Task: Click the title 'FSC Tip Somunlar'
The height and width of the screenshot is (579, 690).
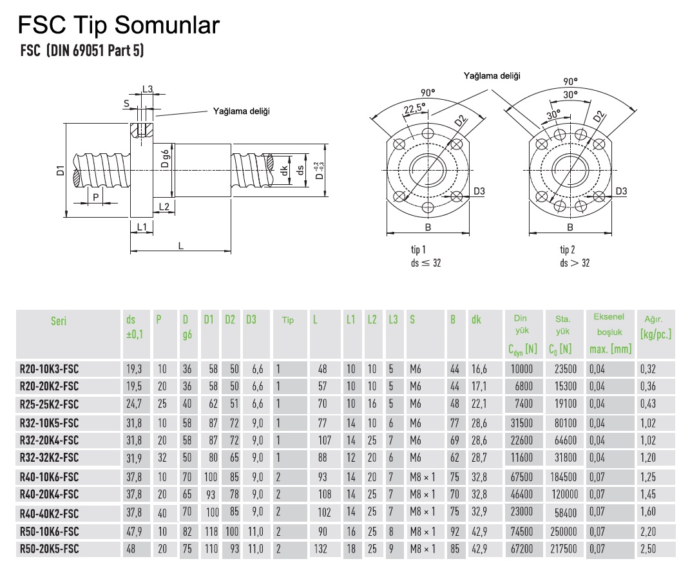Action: tap(119, 25)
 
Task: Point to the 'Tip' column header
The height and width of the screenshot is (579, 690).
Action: tap(287, 321)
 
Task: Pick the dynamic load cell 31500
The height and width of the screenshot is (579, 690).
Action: tap(521, 423)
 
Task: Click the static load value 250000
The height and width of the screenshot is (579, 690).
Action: tap(562, 532)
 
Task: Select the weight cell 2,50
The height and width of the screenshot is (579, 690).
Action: tap(648, 549)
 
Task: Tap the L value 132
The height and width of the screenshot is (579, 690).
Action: tap(324, 549)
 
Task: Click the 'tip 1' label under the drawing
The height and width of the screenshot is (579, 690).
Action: tap(418, 249)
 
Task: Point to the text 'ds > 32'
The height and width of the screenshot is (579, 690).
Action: tap(575, 262)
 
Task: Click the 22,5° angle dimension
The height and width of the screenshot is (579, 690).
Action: tap(414, 109)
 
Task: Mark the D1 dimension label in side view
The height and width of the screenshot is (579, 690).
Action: tap(60, 171)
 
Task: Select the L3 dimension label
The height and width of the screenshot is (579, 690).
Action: tap(148, 89)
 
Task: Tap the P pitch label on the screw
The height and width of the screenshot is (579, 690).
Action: tap(96, 197)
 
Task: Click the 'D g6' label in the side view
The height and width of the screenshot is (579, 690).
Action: tap(166, 159)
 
